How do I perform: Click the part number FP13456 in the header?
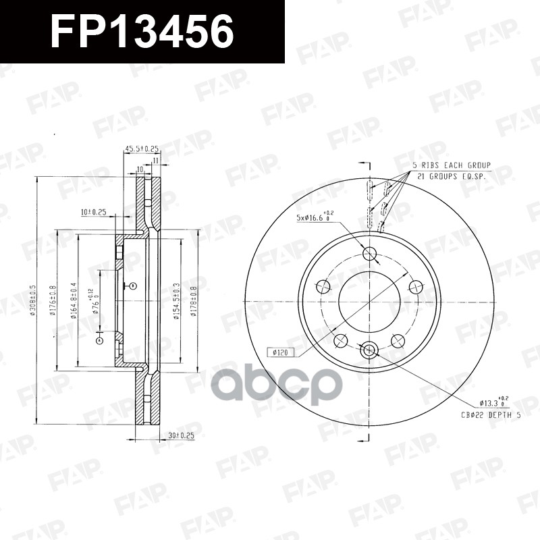142,31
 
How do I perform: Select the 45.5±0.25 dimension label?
142,149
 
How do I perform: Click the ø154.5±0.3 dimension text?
176,301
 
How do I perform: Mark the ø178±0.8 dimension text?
194,301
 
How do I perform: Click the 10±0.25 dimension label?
94,212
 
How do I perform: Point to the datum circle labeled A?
100,341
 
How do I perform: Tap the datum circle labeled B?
132,285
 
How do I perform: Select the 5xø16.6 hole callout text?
316,217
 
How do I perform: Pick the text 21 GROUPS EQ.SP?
453,175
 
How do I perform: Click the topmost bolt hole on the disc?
369,253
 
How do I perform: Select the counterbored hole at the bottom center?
369,350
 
